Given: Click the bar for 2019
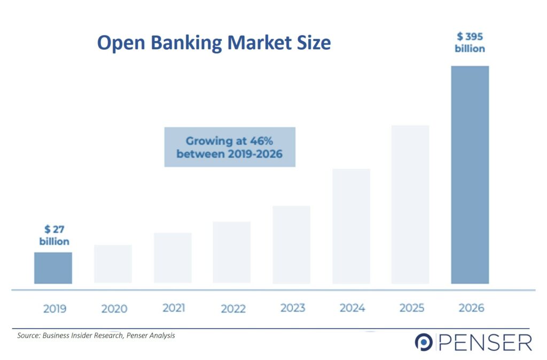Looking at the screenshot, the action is click(x=53, y=268).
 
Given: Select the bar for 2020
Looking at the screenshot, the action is click(x=113, y=264).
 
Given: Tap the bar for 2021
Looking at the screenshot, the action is click(x=173, y=258).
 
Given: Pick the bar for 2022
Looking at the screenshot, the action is click(x=232, y=252).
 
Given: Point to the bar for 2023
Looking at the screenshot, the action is click(x=292, y=245).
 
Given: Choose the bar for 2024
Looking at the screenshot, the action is click(x=351, y=226).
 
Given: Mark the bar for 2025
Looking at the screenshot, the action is click(x=410, y=205).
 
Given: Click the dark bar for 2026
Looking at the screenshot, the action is click(x=470, y=175).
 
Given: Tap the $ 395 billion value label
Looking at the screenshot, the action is click(x=470, y=42).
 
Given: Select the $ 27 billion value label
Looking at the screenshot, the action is click(x=54, y=236).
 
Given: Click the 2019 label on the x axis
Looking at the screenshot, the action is click(x=55, y=309).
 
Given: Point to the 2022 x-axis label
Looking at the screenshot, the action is click(x=233, y=309).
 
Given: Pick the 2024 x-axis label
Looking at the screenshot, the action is click(x=353, y=308).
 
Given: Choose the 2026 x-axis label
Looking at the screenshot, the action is click(x=471, y=308).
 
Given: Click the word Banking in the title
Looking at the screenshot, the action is click(x=186, y=43).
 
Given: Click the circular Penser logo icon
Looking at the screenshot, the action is click(x=424, y=342).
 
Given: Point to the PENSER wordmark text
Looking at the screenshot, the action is click(x=485, y=342).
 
